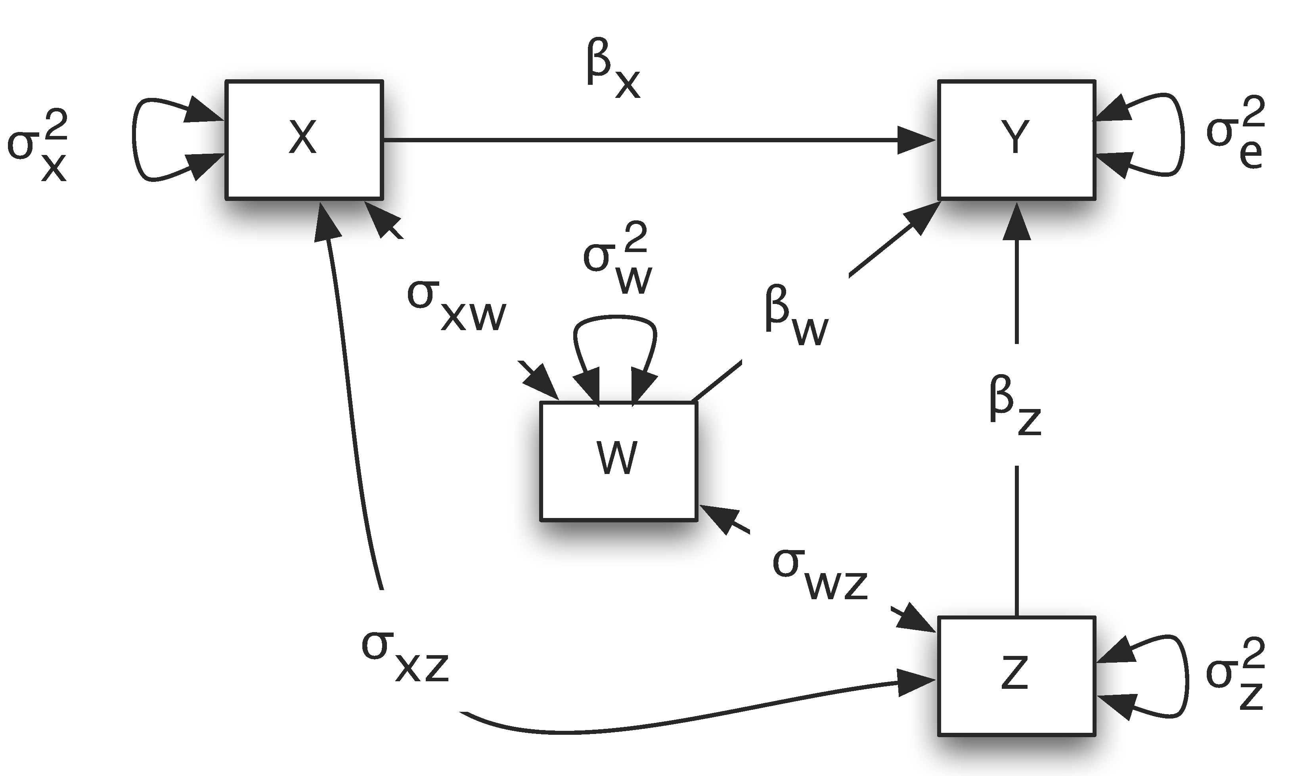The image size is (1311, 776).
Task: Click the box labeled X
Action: (x=304, y=140)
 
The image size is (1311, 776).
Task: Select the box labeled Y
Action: (x=1016, y=140)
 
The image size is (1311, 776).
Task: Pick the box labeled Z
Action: (x=1016, y=676)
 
